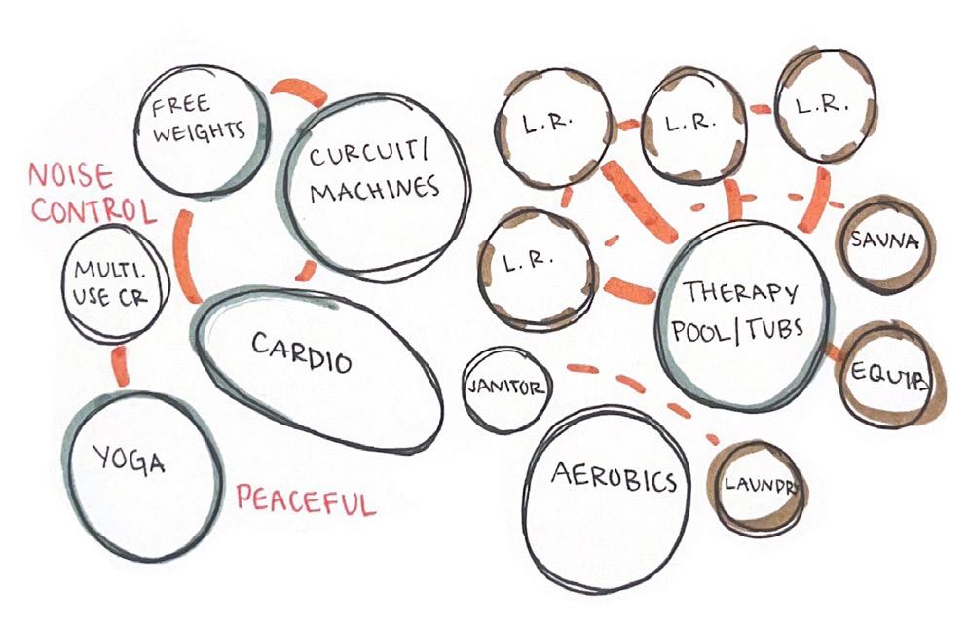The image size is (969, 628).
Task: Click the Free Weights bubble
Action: pyautogui.click(x=200, y=127)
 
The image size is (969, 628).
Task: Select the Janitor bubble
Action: pyautogui.click(x=505, y=388)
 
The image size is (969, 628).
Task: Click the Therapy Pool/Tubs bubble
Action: pyautogui.click(x=742, y=310)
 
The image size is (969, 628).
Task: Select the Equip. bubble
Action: pyautogui.click(x=884, y=375)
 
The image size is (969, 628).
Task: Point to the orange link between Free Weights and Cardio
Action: pyautogui.click(x=184, y=255)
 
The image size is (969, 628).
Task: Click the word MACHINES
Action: pyautogui.click(x=374, y=189)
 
